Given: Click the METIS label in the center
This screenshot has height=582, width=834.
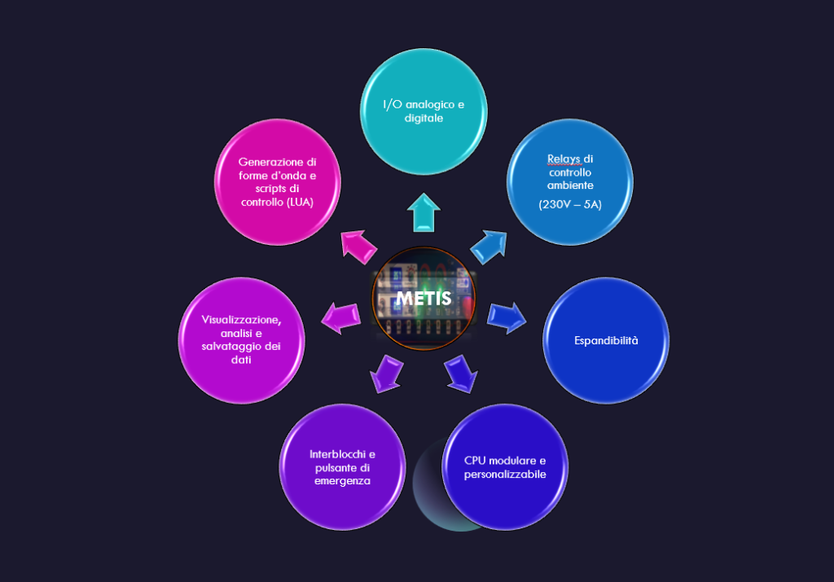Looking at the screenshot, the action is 424,299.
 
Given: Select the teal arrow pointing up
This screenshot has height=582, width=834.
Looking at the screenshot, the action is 424,212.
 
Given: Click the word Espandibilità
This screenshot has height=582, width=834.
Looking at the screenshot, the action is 606,341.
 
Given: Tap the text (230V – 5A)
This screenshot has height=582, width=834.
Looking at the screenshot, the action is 570,204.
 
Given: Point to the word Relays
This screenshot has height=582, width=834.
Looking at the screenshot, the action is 564,159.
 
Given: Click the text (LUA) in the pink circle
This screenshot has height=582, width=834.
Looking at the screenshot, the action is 300,202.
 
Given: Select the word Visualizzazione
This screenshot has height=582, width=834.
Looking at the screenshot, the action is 241,320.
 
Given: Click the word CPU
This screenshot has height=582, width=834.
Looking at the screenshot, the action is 475,461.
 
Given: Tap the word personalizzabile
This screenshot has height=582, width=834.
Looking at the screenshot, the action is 505,474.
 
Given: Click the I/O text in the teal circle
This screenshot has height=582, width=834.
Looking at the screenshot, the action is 392,105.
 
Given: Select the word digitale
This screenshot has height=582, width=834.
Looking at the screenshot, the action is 424,118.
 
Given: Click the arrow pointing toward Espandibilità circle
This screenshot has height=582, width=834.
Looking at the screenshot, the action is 507,317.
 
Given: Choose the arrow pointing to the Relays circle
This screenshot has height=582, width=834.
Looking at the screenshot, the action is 489,247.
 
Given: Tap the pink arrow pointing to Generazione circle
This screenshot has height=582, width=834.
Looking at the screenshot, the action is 358,247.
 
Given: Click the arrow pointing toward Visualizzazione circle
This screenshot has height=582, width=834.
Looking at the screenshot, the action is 341,317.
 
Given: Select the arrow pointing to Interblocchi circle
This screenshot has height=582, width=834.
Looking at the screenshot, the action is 386,374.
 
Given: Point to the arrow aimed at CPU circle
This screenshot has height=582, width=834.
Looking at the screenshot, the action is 461,374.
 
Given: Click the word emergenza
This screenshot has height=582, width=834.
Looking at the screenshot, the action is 342,481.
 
